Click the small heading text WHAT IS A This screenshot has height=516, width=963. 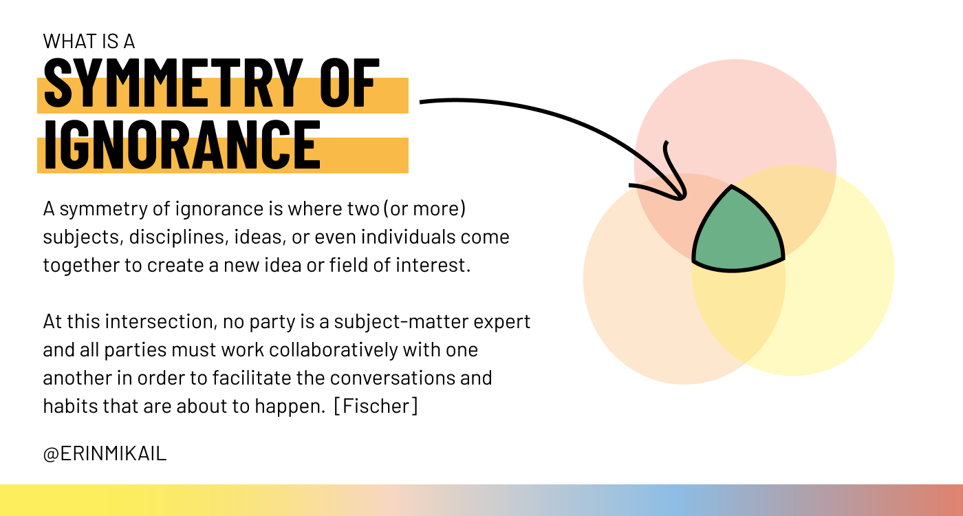tap(89, 42)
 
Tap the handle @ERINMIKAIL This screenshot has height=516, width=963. tap(105, 453)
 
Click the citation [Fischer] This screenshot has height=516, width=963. tap(376, 406)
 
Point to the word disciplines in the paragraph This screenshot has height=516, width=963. tap(178, 237)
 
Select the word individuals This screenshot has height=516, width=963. tap(408, 237)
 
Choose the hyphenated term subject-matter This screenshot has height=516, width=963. tap(401, 322)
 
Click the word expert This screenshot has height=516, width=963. tap(501, 322)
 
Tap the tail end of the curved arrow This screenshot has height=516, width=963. tap(420, 102)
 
